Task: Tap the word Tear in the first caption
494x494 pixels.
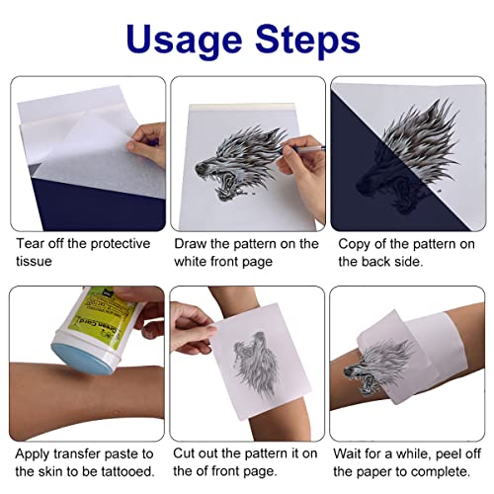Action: (x=30, y=243)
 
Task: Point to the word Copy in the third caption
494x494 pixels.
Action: (x=357, y=243)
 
